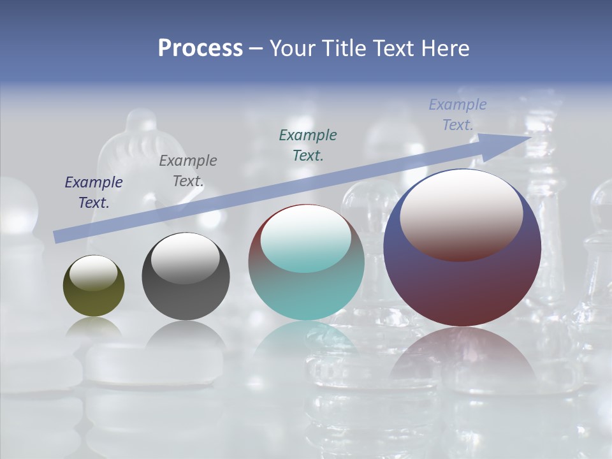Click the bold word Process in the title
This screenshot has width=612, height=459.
pyautogui.click(x=200, y=48)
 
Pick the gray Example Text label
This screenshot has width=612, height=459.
pyautogui.click(x=187, y=171)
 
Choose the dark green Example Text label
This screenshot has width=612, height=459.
pyautogui.click(x=308, y=145)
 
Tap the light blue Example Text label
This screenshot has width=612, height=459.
pyautogui.click(x=458, y=115)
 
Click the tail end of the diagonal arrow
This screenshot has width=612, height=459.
pyautogui.click(x=57, y=237)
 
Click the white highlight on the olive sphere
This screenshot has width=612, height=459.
pyautogui.click(x=94, y=273)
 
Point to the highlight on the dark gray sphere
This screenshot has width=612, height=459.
pyautogui.click(x=186, y=259)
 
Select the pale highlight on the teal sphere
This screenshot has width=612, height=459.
pyautogui.click(x=306, y=239)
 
